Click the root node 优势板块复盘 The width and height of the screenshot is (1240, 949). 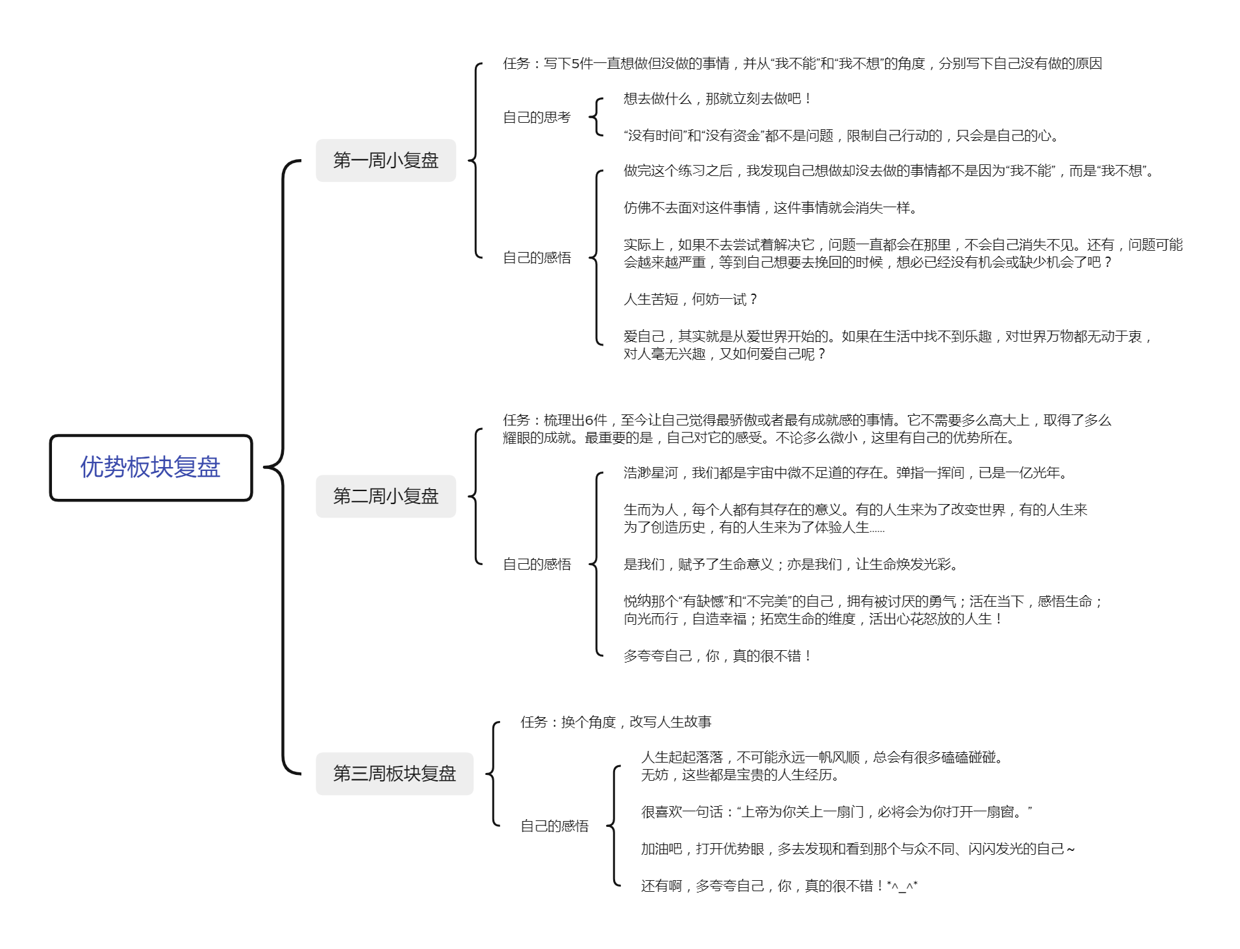click(151, 468)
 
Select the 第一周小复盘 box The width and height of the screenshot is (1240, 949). click(386, 160)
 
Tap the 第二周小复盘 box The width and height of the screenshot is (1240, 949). click(386, 496)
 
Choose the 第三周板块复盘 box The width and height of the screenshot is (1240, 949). click(394, 774)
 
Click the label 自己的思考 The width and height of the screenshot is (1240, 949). click(537, 118)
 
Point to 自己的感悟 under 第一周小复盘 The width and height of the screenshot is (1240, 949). click(537, 258)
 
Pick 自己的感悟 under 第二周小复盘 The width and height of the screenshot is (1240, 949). click(537, 564)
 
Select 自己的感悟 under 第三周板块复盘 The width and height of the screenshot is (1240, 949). click(554, 826)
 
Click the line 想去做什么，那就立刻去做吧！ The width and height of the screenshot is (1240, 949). click(717, 99)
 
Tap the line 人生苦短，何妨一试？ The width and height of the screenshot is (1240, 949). click(690, 299)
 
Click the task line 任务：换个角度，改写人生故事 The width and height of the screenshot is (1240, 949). click(616, 722)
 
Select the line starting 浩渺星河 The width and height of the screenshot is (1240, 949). click(846, 473)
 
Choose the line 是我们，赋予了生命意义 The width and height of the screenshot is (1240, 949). click(791, 564)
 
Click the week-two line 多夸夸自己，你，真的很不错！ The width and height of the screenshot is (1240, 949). click(717, 656)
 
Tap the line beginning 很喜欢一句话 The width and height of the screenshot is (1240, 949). click(837, 812)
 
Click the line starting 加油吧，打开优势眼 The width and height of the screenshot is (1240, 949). click(858, 849)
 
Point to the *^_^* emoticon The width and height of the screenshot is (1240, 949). click(902, 886)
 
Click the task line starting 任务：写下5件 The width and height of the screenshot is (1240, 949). click(802, 64)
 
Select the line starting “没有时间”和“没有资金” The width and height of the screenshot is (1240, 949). click(842, 136)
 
